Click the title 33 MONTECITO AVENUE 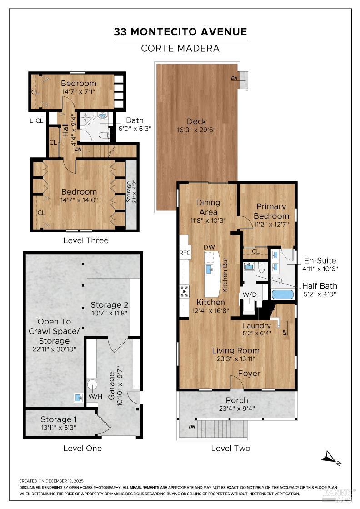coord(180,32)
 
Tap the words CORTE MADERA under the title coord(180,48)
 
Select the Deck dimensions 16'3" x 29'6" coord(196,130)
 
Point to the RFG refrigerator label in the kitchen coord(185,253)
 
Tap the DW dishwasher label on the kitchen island coord(209,247)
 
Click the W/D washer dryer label coord(249,295)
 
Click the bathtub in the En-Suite coord(282,294)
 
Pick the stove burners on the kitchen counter coord(185,290)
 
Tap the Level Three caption coord(86,240)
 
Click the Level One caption coord(82,448)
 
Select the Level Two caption coord(230,448)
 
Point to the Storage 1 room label coord(63,419)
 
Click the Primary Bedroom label coord(271,211)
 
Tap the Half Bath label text coord(320,285)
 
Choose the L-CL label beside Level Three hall coord(36,120)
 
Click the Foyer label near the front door coord(250,374)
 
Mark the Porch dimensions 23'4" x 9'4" coord(237,408)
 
